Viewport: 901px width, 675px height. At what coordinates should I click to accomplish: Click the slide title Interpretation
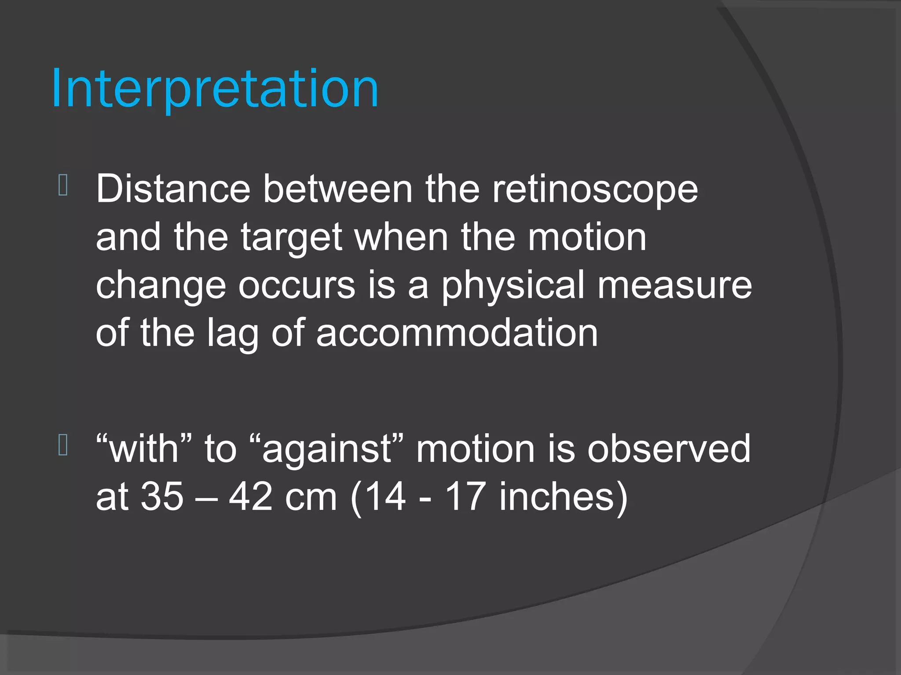pos(215,89)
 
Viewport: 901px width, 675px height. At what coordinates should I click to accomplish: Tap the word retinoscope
pos(595,190)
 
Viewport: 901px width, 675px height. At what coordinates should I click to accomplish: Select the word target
pos(291,238)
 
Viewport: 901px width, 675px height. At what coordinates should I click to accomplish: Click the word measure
pos(674,286)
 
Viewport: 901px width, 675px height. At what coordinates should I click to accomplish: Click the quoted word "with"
pos(144,449)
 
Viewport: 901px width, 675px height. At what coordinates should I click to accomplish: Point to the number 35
pos(162,497)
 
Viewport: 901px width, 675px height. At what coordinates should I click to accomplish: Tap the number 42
pos(251,497)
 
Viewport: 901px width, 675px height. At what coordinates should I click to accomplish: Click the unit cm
pos(311,497)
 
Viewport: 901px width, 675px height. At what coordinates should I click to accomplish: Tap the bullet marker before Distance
pos(63,185)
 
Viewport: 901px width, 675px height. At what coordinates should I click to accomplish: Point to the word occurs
pos(297,286)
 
